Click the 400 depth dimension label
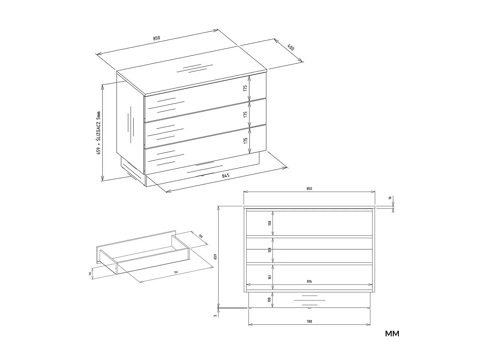tap(290, 47)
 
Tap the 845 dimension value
tap(226, 176)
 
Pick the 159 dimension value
tap(270, 250)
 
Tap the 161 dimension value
tap(270, 277)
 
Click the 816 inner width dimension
tap(309, 282)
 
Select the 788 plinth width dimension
tap(309, 322)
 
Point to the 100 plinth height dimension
tap(270, 299)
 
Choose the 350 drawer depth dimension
tap(200, 236)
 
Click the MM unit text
tap(392, 334)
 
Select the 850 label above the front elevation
tap(309, 189)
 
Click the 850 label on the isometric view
tap(157, 38)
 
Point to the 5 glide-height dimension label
tap(215, 315)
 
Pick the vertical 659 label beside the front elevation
tap(215, 256)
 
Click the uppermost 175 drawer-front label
tap(246, 88)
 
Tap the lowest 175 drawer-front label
tap(246, 140)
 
